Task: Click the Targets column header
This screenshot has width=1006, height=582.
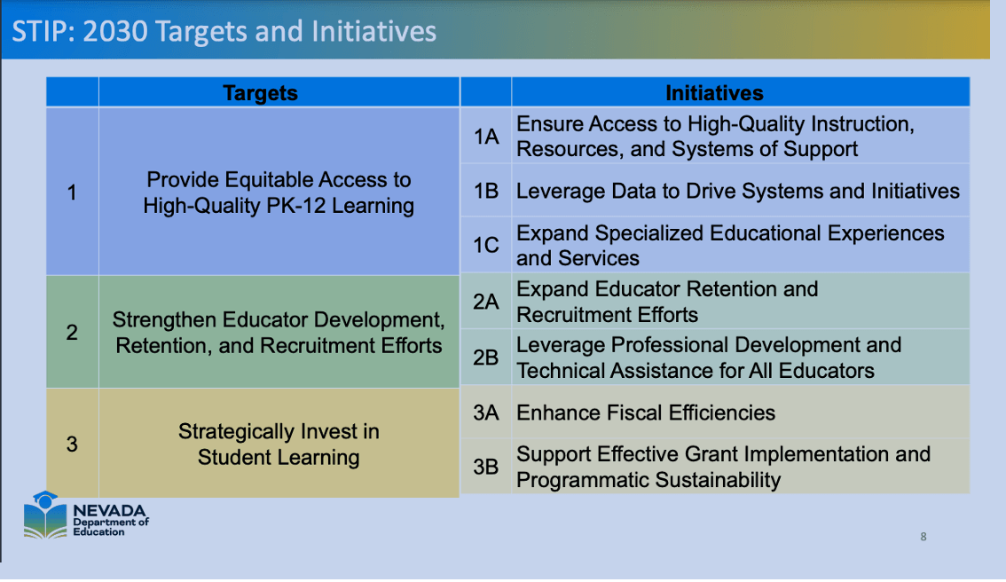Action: coord(260,93)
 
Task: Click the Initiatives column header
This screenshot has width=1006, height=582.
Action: coord(714,93)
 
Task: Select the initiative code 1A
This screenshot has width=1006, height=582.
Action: coord(485,136)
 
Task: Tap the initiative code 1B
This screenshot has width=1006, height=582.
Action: coord(485,191)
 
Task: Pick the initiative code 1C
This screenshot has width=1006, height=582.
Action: coord(485,245)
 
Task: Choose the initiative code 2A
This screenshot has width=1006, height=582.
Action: coord(485,301)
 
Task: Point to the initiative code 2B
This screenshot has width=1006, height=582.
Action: coord(485,357)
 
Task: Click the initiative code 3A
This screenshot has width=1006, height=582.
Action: coord(485,412)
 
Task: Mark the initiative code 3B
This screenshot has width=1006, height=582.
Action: coord(485,467)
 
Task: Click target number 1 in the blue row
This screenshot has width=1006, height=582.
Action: coord(72,192)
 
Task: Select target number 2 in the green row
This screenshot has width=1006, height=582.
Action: coord(72,332)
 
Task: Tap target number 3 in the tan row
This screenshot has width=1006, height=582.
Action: coord(72,444)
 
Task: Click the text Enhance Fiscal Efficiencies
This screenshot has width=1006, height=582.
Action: coord(646,413)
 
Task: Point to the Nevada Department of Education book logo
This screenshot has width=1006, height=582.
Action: coord(45,515)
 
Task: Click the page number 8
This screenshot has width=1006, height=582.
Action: coord(923,537)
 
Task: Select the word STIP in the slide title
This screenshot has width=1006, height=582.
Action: coord(41,31)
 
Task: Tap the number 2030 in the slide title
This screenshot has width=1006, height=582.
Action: coord(115,31)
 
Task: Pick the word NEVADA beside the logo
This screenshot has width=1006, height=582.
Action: coord(109,511)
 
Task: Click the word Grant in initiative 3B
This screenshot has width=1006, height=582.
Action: coord(712,454)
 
